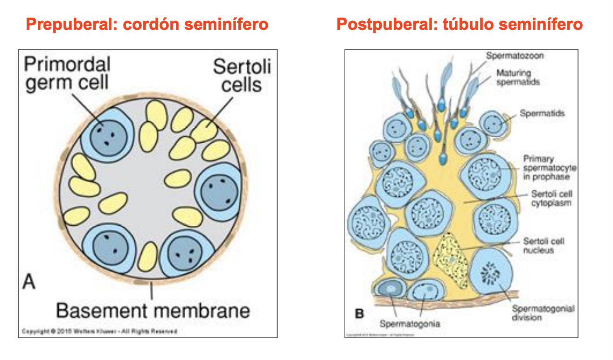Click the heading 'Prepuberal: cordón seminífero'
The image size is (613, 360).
click(x=147, y=24)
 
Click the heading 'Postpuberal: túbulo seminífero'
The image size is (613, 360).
click(x=460, y=24)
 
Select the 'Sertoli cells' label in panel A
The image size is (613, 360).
click(x=242, y=76)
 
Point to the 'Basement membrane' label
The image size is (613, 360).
click(x=153, y=310)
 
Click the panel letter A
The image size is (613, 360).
click(x=29, y=282)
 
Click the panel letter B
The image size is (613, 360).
click(x=359, y=313)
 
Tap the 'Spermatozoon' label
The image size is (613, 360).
click(x=515, y=56)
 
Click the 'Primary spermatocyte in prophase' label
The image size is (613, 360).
click(x=550, y=168)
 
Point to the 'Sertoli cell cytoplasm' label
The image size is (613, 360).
click(x=552, y=198)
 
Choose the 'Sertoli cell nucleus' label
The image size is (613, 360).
click(x=544, y=246)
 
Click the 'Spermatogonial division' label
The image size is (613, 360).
click(x=543, y=313)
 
